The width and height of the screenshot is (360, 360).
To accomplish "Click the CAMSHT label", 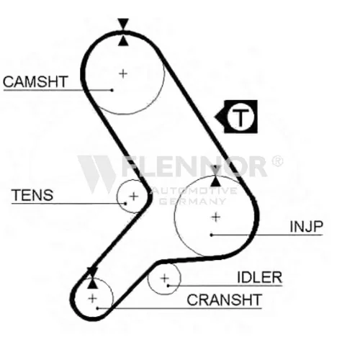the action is click(35, 81).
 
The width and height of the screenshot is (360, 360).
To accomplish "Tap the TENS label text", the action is click(32, 195).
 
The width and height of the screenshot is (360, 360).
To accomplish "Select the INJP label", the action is click(306, 226).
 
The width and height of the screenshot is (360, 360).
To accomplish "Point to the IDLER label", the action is click(259, 277).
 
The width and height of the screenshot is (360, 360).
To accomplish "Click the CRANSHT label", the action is click(224, 300).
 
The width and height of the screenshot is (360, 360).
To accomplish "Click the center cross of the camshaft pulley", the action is click(123, 73).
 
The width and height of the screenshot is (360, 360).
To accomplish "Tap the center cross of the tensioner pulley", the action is click(134, 197).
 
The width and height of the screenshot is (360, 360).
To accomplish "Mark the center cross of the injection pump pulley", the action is click(216, 217).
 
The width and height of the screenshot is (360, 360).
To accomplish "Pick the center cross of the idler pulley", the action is click(164, 279).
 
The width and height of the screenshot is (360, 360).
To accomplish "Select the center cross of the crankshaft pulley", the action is click(92, 299).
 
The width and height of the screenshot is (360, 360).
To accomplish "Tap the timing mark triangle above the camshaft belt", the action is click(123, 24).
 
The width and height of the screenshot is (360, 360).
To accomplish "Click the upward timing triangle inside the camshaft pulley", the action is click(123, 41).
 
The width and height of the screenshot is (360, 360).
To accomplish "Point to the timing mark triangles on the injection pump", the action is click(216, 176).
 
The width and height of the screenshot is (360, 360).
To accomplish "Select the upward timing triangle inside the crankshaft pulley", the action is click(93, 284).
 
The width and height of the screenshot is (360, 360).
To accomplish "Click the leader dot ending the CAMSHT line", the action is click(112, 90).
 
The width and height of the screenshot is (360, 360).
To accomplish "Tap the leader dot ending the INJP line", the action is click(211, 235).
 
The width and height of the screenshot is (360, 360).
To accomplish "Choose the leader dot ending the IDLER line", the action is click(168, 286).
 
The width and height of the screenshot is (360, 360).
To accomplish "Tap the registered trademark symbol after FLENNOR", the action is click(277, 161).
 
